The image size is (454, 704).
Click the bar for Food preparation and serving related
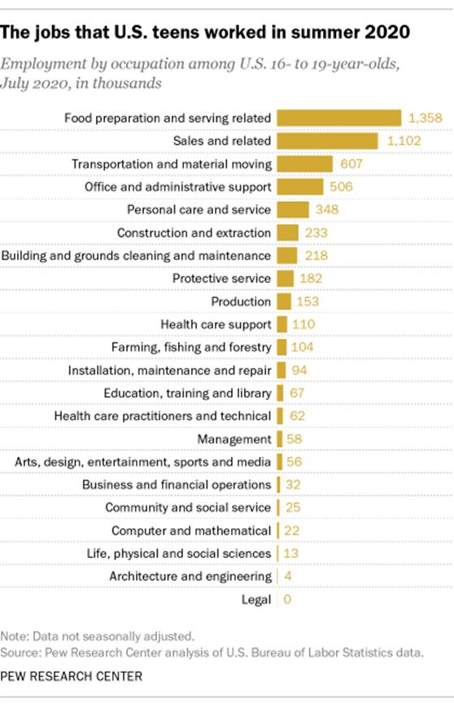[x=338, y=118]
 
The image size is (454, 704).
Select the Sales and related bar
[x=327, y=141]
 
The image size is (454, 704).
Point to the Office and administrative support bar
[x=299, y=187]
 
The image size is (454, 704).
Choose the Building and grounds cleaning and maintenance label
[x=136, y=256]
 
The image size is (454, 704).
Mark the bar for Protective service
[x=285, y=279]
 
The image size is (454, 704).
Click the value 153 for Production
[x=306, y=301]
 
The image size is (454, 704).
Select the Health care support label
[x=216, y=324]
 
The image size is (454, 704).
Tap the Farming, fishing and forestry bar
[x=282, y=347]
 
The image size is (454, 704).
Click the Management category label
[x=234, y=439]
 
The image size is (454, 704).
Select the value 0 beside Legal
[x=286, y=600]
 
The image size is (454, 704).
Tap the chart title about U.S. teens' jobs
[x=206, y=33]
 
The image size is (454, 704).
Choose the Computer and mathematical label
[x=191, y=530]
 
